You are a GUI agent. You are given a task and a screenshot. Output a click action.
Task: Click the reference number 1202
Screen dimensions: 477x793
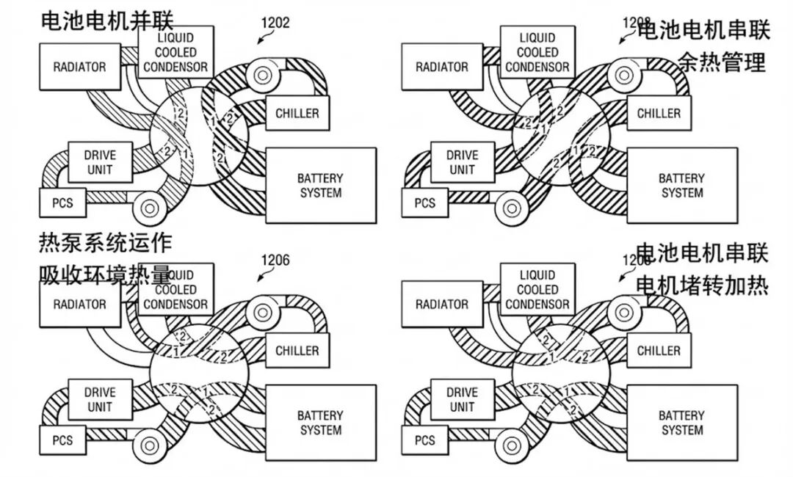(x=275, y=23)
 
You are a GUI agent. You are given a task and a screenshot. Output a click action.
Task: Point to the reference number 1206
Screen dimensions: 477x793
(x=275, y=260)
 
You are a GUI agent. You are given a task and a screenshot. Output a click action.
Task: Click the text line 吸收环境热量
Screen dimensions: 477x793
(x=106, y=275)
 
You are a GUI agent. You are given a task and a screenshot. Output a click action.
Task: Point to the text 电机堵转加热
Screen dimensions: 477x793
(x=701, y=285)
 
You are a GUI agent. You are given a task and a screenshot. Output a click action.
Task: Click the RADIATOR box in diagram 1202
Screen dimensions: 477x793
(x=79, y=67)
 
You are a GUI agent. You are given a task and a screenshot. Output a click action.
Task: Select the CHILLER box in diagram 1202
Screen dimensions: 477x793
(x=297, y=114)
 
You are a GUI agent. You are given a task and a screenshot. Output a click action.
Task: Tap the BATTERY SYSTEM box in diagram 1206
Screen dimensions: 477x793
(x=320, y=423)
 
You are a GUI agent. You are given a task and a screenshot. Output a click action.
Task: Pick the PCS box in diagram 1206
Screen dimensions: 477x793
(x=62, y=441)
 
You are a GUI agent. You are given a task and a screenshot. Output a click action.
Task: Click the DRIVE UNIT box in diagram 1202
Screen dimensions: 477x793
(x=100, y=162)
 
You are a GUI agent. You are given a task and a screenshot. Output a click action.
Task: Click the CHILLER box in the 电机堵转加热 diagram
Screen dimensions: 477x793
(x=659, y=351)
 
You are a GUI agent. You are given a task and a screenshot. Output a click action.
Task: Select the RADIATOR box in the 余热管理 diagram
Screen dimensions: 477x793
(x=441, y=67)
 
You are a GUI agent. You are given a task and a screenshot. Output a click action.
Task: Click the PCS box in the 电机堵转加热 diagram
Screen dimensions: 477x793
(x=425, y=441)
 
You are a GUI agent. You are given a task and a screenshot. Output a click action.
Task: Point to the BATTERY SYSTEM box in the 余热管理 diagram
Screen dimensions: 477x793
(x=682, y=186)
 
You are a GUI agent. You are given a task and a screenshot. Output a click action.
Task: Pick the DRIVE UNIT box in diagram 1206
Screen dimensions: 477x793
(x=100, y=399)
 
